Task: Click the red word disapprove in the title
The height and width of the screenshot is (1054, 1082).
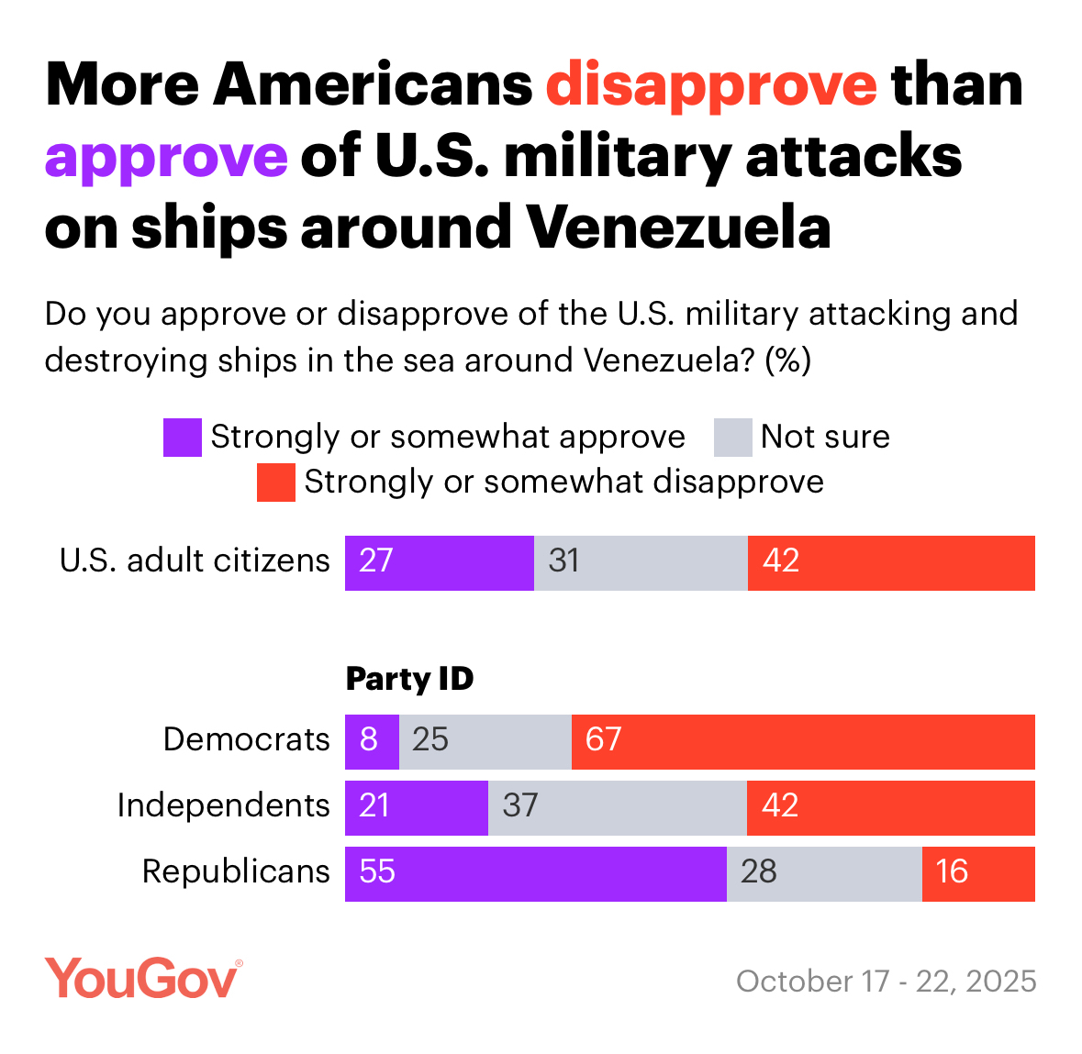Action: click(711, 85)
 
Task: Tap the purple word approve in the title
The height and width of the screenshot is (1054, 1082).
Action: click(166, 157)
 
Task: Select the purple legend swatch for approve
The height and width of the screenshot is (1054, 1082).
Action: click(182, 438)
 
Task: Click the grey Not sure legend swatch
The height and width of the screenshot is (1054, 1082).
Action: click(732, 438)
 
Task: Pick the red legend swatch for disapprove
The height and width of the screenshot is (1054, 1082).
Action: click(275, 483)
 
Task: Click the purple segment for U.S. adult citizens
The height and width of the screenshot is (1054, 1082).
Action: click(439, 562)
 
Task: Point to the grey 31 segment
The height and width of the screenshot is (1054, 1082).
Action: click(640, 562)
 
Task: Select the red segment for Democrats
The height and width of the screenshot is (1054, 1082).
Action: click(802, 741)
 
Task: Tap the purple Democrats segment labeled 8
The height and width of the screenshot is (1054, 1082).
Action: click(372, 741)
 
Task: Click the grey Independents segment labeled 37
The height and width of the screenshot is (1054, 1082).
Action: click(617, 807)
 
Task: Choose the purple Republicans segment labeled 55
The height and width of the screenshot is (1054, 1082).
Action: click(535, 873)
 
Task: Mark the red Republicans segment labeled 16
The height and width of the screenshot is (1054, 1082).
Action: click(977, 873)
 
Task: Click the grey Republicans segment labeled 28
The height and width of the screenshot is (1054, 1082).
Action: click(823, 873)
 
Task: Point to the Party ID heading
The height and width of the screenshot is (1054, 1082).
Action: click(409, 679)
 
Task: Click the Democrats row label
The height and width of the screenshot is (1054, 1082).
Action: click(246, 739)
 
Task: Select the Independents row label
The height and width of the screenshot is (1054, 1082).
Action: click(223, 805)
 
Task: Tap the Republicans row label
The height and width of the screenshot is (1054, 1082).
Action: click(236, 871)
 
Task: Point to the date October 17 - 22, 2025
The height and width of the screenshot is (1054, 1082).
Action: click(886, 981)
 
